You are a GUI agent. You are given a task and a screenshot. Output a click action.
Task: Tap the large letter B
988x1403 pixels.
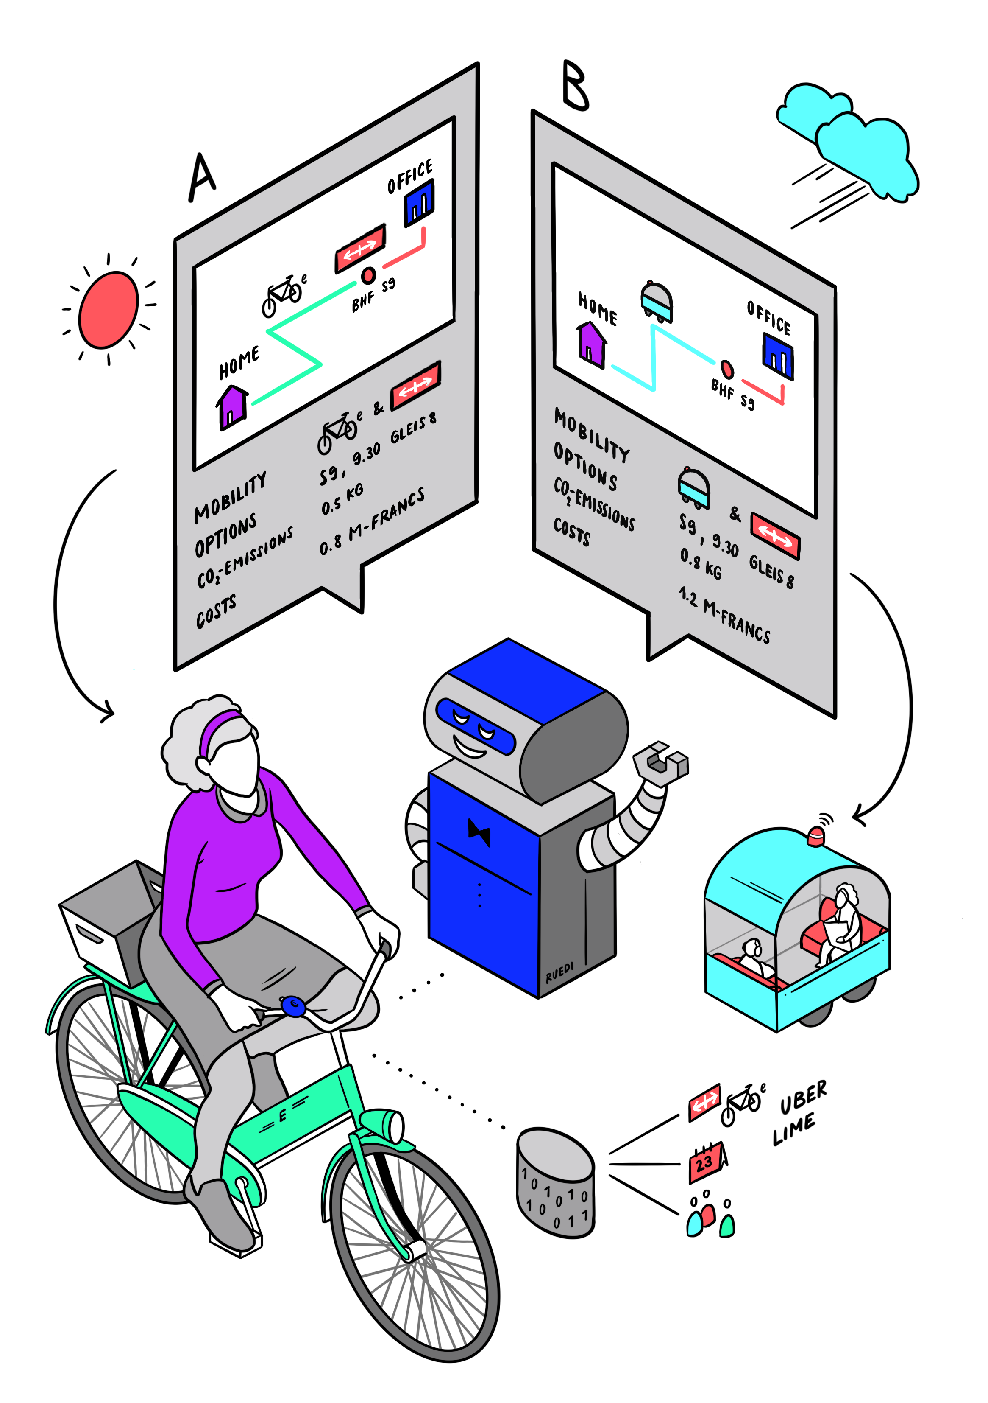point(575,86)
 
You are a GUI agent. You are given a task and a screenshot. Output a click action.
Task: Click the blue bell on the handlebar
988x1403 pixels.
point(294,1005)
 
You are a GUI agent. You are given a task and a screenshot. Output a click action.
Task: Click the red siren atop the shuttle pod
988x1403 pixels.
point(816,835)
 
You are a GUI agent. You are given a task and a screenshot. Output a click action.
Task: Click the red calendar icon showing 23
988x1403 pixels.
point(705,1161)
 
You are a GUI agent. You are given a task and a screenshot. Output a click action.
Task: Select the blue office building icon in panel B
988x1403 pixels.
point(777,355)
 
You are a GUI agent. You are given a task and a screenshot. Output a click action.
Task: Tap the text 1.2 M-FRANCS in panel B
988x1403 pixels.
point(724,615)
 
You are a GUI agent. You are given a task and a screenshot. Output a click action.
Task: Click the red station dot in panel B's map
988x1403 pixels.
point(726,369)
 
